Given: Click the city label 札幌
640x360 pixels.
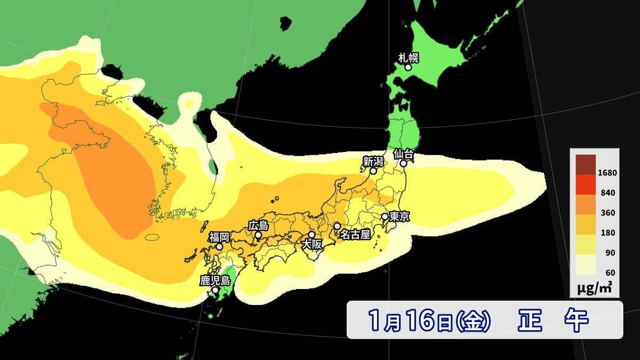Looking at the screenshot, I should (x=409, y=57).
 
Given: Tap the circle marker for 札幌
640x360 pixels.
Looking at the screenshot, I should (x=408, y=67).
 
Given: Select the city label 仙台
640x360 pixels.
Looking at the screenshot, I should (x=404, y=154).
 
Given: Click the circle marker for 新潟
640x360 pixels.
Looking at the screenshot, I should (x=373, y=171).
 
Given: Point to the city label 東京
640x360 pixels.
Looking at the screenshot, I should (x=399, y=217).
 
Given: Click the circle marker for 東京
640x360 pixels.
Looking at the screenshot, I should (x=385, y=217).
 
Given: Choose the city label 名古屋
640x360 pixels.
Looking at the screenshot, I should (x=355, y=235).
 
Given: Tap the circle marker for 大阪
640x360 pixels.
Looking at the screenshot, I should (x=311, y=235).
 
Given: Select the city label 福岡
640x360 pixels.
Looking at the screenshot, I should (x=219, y=237).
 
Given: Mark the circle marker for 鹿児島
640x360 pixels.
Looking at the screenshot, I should (x=215, y=291).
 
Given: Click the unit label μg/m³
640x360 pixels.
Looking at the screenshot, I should (x=594, y=289).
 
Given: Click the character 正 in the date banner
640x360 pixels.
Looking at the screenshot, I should (x=530, y=320).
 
